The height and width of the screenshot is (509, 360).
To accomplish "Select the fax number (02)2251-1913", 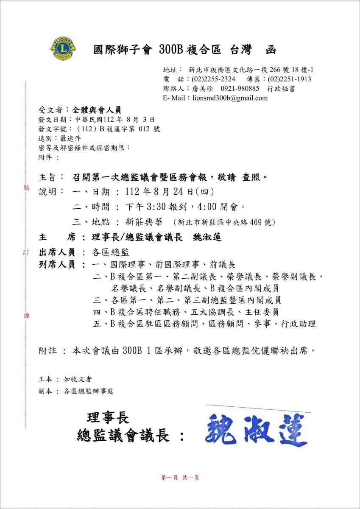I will coord(289,79).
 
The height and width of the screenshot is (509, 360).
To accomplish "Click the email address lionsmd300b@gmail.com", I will coord(230,98).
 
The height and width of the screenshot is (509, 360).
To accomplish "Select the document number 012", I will coord(145,129).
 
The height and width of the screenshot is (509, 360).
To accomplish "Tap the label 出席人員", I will coord(57,252).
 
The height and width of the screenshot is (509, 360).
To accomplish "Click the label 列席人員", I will coord(57,265).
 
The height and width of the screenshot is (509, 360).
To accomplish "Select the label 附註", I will coord(47,351).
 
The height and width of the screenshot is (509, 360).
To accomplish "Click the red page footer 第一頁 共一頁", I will coord(180,477).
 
